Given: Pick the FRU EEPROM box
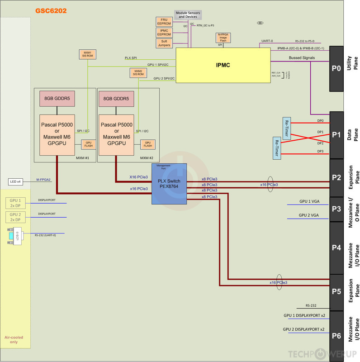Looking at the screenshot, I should click(x=164, y=22).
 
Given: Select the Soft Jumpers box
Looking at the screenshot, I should click(x=164, y=43).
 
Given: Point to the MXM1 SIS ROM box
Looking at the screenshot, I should click(x=87, y=55).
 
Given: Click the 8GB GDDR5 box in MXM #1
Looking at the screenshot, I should click(x=56, y=99).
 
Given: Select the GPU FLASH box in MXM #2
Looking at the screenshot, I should click(x=148, y=144).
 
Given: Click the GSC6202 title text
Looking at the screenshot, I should click(x=51, y=10).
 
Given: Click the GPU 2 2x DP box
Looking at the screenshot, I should click(x=16, y=216).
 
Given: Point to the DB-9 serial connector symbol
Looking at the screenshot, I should click(x=14, y=236).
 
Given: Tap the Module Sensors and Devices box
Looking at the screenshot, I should click(x=188, y=14).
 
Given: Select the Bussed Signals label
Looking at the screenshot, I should click(x=302, y=58).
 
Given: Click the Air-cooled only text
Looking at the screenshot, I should click(x=14, y=340).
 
